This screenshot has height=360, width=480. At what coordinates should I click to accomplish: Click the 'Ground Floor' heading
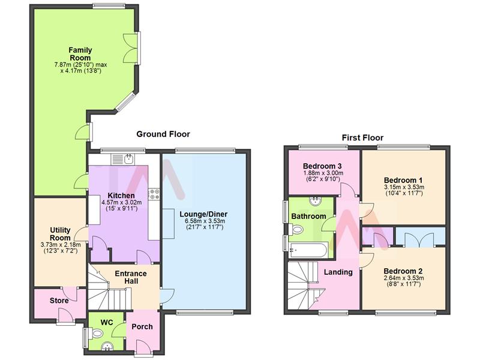pyautogui.click(x=163, y=134)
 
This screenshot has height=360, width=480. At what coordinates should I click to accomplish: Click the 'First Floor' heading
pyautogui.click(x=362, y=137)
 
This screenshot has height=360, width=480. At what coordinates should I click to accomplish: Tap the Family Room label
pyautogui.click(x=80, y=53)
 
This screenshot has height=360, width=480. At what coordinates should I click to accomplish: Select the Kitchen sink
pyautogui.click(x=128, y=159)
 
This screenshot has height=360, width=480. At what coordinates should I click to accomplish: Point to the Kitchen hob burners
pyautogui.click(x=154, y=194)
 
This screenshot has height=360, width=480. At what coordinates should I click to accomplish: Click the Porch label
pyautogui.click(x=142, y=327)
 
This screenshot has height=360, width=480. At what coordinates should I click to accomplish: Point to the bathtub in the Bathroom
pyautogui.click(x=307, y=250)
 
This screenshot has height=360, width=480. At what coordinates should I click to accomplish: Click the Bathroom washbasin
pyautogui.click(x=314, y=201)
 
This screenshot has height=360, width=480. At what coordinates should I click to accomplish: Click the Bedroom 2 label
pyautogui.click(x=403, y=271)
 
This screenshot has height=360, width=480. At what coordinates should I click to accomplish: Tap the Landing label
pyautogui.click(x=338, y=272)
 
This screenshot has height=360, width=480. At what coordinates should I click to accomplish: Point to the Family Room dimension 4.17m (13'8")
pyautogui.click(x=80, y=71)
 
